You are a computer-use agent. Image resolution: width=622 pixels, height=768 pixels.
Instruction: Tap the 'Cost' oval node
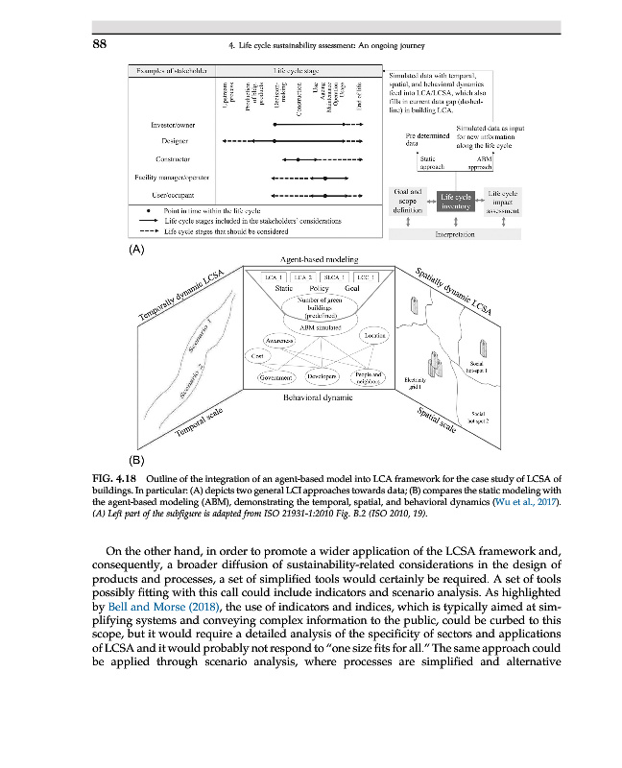point(257,357)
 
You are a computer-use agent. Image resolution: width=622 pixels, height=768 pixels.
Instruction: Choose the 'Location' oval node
point(373,334)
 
